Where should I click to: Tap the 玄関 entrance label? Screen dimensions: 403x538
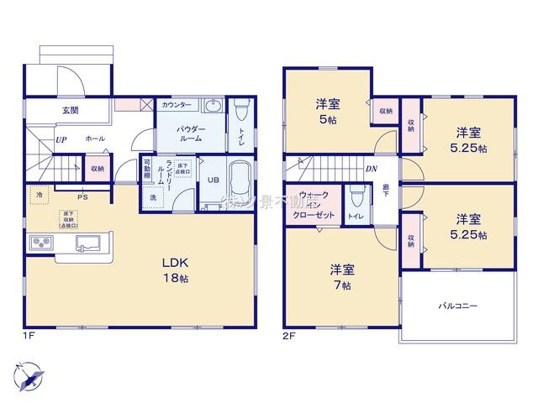70,110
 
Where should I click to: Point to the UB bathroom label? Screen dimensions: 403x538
214,180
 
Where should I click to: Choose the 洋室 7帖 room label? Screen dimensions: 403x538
341,276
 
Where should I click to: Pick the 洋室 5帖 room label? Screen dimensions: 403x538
327,112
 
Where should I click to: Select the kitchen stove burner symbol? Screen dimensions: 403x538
41,243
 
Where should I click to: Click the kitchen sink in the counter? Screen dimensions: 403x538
88,243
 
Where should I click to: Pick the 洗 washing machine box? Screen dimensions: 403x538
154,197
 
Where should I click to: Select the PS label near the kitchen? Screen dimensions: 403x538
82,197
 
